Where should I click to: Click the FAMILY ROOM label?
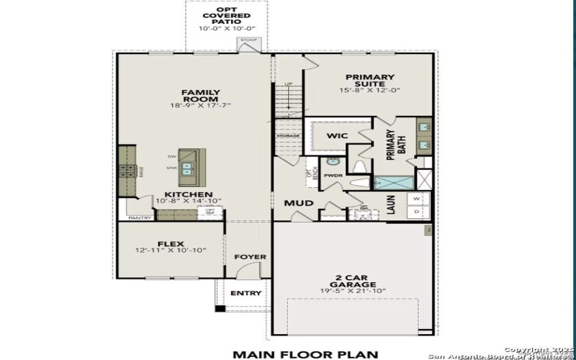(x=200, y=96)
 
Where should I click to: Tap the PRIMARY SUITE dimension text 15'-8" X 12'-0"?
(x=369, y=91)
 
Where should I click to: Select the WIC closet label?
(x=338, y=135)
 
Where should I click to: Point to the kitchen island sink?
(x=187, y=168)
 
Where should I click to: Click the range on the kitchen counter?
(x=127, y=171)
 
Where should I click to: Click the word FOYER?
(x=250, y=257)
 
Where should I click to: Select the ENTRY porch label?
(x=246, y=293)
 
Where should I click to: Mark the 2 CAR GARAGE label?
(x=353, y=280)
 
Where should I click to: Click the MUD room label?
(x=298, y=203)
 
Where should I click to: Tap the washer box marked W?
(x=416, y=199)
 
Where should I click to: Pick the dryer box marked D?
(x=416, y=212)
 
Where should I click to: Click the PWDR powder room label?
(x=333, y=175)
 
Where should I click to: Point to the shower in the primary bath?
(x=392, y=182)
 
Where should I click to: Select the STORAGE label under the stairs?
(x=288, y=135)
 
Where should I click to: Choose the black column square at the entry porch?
(x=220, y=309)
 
